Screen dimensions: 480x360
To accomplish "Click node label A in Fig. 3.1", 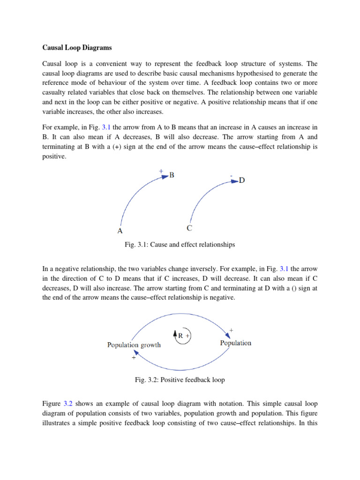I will click(120, 231).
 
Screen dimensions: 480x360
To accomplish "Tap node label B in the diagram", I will click(172, 175).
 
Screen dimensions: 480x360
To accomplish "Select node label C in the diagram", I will click(189, 228).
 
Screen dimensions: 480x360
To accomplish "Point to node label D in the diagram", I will click(242, 180).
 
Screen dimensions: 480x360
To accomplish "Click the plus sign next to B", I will click(161, 172).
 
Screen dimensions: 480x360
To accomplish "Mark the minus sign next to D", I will click(231, 176).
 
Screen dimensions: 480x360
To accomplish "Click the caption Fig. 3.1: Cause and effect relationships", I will click(180, 245).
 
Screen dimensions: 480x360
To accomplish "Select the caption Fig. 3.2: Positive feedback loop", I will click(180, 380).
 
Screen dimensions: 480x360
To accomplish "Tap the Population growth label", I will click(134, 345).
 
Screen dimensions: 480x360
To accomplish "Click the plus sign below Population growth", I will click(134, 357).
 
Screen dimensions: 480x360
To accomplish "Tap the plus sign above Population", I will click(231, 330).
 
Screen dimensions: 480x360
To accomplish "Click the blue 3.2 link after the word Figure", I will click(68, 403).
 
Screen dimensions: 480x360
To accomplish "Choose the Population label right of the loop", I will click(236, 343).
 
